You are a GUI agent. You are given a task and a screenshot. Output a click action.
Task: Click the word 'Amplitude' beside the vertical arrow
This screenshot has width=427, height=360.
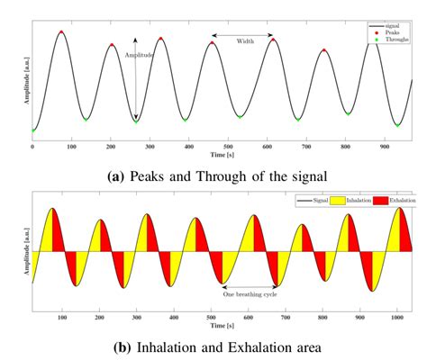[140, 56]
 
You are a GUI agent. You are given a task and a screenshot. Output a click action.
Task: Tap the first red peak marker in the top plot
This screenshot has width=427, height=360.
[60, 31]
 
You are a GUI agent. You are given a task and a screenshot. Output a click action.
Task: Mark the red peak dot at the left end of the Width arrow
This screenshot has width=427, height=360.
[213, 41]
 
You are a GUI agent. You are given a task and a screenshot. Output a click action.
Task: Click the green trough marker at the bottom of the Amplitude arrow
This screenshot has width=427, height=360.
[136, 121]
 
